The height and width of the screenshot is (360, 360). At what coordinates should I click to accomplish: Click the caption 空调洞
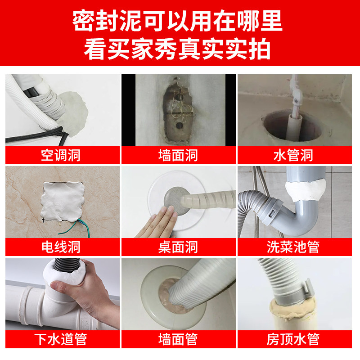(x=61, y=155)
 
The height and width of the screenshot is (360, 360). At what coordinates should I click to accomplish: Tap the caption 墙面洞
(x=178, y=155)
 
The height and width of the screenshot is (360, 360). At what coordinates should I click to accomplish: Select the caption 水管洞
(x=294, y=155)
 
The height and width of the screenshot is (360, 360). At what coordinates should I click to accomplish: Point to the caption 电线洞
(x=61, y=247)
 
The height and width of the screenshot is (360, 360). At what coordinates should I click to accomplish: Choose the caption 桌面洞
(x=178, y=247)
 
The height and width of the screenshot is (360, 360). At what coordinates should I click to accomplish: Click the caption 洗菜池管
(x=293, y=247)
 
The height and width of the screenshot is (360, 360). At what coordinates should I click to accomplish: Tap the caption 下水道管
(x=61, y=339)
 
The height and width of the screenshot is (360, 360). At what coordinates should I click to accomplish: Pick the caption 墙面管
(x=178, y=339)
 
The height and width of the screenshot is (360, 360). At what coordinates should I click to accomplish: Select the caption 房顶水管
(x=293, y=339)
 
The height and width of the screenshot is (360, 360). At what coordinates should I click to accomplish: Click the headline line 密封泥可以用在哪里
(x=177, y=21)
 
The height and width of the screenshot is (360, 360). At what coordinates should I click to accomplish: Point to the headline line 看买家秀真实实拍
(x=177, y=49)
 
